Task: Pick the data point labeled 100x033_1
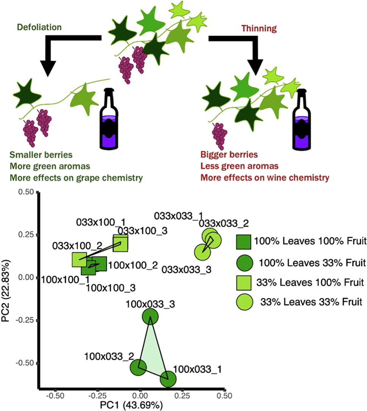[x=168, y=379]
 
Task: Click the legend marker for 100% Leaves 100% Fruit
[x=245, y=242]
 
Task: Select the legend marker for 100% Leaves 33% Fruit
[x=245, y=262]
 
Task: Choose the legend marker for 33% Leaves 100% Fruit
[x=245, y=282]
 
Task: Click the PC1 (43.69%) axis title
[x=132, y=406]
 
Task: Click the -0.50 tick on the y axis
[x=24, y=363]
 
